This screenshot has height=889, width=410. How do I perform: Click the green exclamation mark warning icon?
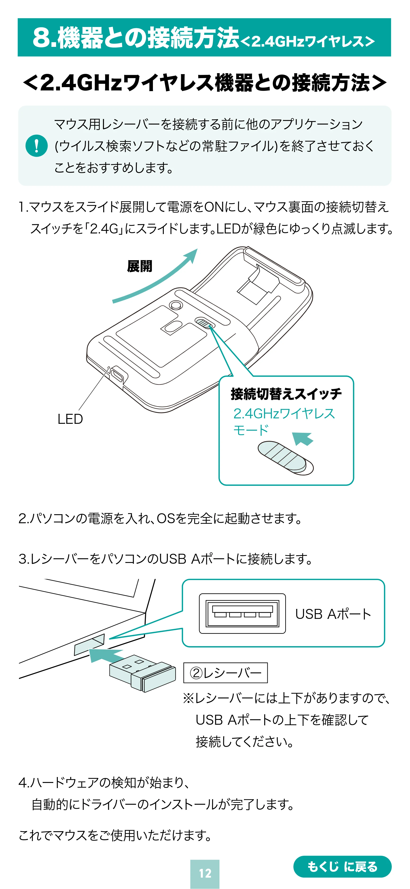click(x=37, y=146)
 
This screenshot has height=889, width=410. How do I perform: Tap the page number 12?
click(x=205, y=873)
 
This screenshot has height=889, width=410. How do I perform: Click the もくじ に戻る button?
click(x=342, y=867)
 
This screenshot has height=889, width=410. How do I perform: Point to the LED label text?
click(x=70, y=419)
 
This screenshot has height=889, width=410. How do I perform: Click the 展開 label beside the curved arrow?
click(x=139, y=266)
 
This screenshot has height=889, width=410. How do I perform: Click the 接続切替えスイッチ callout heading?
click(x=286, y=394)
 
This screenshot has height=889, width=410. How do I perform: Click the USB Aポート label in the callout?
click(x=333, y=614)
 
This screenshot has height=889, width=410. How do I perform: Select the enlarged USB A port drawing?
click(x=242, y=613)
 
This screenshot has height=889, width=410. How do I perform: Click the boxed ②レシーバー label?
click(x=225, y=673)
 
